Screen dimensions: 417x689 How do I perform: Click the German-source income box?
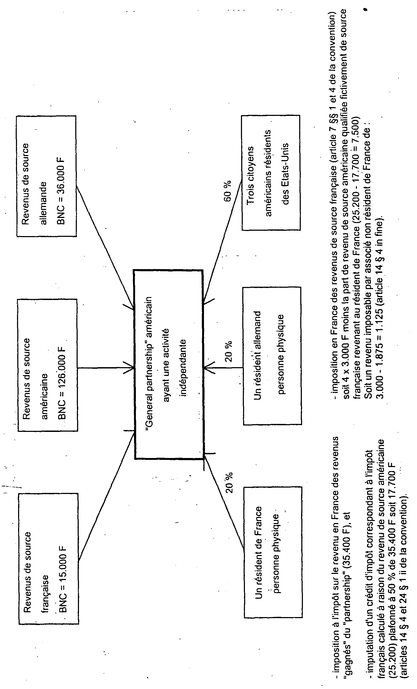[46, 176]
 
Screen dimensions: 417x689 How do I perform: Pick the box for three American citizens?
[271, 173]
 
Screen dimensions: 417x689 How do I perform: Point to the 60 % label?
[227, 191]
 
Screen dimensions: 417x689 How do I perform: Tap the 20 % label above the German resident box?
[228, 351]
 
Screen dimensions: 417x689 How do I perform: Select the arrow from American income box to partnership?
[106, 368]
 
